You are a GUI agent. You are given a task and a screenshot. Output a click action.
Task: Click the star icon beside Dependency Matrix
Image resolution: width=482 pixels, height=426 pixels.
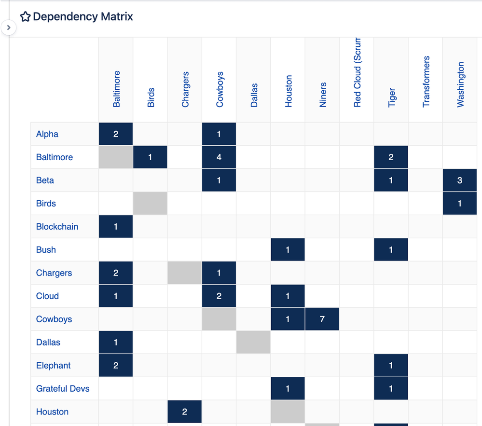(x=25, y=17)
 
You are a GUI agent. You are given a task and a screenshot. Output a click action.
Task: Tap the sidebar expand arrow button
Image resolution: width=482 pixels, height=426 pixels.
(x=9, y=27)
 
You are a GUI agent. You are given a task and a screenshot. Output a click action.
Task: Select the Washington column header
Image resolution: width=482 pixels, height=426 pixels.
(x=460, y=84)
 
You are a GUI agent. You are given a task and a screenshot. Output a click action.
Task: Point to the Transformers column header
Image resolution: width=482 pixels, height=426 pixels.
(x=426, y=82)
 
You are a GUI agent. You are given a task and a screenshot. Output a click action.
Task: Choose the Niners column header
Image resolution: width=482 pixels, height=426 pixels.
(x=323, y=95)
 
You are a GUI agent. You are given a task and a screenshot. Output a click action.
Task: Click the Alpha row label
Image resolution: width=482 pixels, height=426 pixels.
(x=47, y=134)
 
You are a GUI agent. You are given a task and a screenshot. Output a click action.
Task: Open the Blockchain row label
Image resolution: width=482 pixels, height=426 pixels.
(x=57, y=227)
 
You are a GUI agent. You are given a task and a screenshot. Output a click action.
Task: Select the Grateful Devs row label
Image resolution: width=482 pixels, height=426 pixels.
(x=63, y=389)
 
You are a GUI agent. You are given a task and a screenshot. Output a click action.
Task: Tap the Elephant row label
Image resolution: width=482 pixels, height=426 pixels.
(x=54, y=366)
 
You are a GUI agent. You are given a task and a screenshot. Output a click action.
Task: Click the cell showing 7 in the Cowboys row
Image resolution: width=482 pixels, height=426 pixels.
(x=322, y=319)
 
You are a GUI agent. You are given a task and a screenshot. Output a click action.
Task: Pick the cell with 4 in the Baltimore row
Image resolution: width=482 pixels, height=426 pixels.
(x=219, y=157)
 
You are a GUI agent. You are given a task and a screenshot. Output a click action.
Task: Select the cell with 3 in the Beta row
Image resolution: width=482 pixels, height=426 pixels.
(x=460, y=180)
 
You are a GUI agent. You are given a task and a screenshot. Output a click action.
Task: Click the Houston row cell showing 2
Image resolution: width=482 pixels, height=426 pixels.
(x=185, y=412)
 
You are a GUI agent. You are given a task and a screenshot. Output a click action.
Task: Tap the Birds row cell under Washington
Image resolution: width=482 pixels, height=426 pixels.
(x=460, y=204)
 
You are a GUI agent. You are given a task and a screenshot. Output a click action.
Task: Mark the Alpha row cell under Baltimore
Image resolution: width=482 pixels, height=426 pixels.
(x=116, y=134)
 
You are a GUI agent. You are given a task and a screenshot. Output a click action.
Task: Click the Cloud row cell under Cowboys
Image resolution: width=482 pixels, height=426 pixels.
(x=219, y=296)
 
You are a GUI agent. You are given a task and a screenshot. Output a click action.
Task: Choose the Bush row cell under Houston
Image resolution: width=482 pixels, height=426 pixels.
(x=288, y=250)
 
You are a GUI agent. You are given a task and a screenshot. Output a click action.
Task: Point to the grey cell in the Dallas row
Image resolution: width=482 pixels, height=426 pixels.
(x=253, y=343)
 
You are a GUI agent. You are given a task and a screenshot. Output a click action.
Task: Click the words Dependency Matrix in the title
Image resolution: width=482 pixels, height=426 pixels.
(x=83, y=17)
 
